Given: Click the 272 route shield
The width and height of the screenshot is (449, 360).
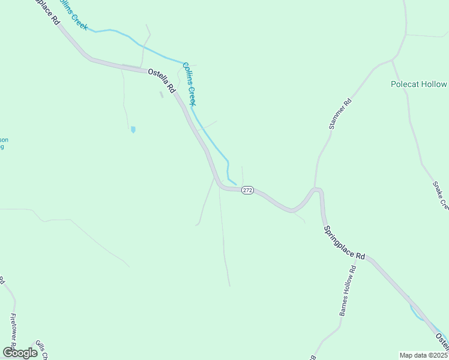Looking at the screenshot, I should [248, 190].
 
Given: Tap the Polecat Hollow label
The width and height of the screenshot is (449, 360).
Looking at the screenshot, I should [419, 85].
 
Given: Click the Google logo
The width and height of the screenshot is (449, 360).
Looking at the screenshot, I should [20, 352].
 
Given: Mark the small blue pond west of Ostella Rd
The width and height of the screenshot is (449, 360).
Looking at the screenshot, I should [133, 129].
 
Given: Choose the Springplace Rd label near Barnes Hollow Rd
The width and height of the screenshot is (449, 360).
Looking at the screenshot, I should [344, 242].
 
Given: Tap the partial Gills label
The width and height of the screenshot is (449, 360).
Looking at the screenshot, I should [41, 348].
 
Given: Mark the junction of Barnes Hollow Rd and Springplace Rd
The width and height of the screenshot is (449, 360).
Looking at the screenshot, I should [368, 258].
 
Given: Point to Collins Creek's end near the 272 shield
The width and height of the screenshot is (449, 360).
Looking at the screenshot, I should [236, 184].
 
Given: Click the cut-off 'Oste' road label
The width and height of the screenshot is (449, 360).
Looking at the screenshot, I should [442, 341].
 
